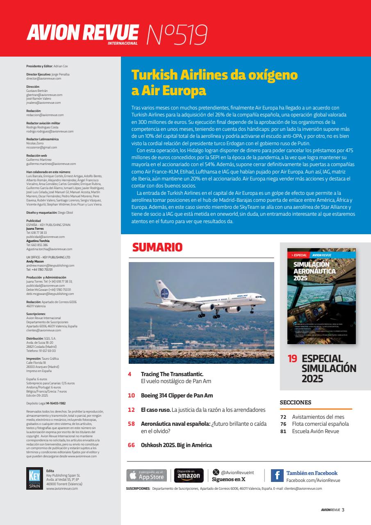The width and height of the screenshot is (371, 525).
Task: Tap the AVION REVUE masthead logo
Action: click(82, 33)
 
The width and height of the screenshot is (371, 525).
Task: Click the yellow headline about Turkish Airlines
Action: click(214, 83)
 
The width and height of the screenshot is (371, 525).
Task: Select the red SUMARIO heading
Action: click(157, 247)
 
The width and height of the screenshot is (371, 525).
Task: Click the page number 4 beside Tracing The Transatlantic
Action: click(130, 374)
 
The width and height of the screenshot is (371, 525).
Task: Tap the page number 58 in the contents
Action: click(131, 424)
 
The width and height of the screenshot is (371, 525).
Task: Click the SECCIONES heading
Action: click(296, 402)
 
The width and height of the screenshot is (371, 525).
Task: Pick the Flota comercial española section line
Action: click(320, 424)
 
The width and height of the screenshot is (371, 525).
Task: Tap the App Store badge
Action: click(147, 475)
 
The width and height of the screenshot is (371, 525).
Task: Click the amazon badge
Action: click(189, 475)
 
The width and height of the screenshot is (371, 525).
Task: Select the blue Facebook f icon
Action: click(277, 475)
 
